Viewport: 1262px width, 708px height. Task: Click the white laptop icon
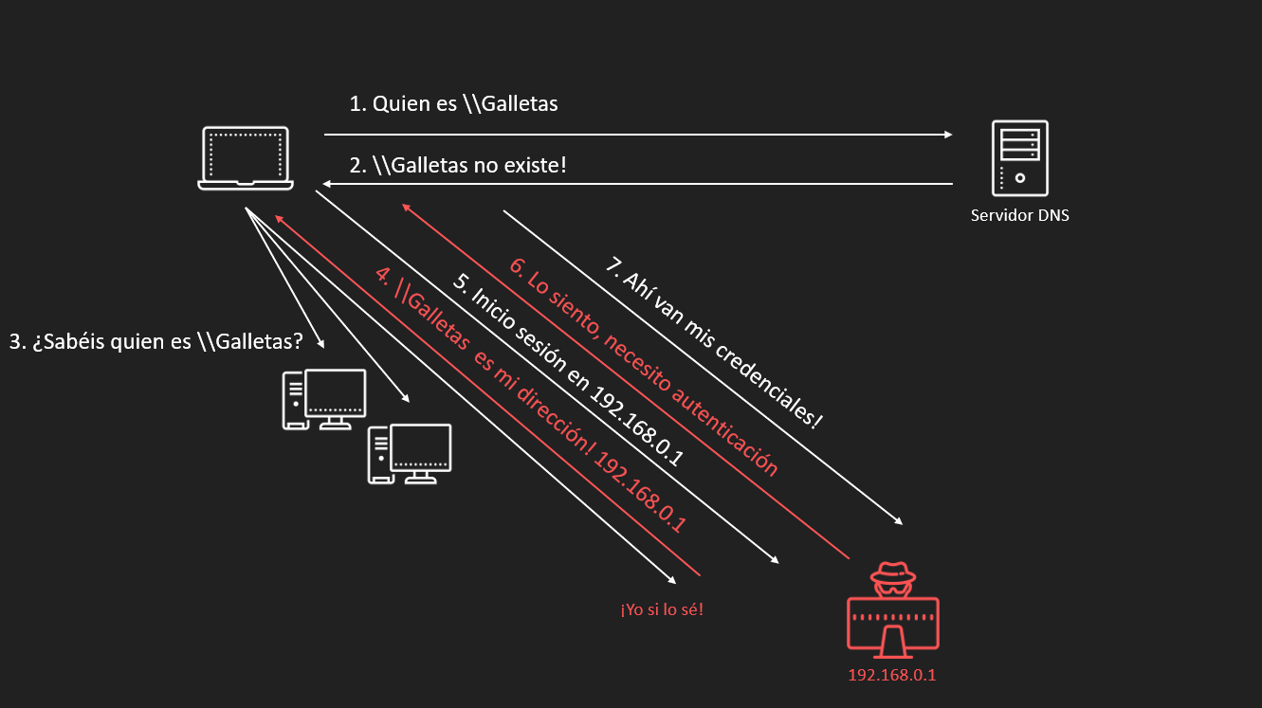(x=246, y=158)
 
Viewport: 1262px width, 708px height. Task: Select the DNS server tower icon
(x=1019, y=158)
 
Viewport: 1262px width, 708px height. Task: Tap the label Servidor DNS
(x=1019, y=216)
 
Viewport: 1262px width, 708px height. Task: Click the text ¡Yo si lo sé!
(x=662, y=608)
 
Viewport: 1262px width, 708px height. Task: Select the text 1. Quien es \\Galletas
(x=453, y=104)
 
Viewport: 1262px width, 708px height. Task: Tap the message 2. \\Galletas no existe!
(x=458, y=166)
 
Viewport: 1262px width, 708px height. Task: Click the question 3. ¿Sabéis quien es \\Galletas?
(x=155, y=342)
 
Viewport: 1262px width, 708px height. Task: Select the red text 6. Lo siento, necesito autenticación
(x=645, y=365)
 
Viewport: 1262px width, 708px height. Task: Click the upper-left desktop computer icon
(x=324, y=399)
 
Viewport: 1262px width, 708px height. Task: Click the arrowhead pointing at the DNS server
(x=947, y=135)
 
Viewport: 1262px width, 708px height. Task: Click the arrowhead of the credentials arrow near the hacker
(x=897, y=521)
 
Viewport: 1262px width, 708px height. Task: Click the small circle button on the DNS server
(x=1019, y=177)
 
